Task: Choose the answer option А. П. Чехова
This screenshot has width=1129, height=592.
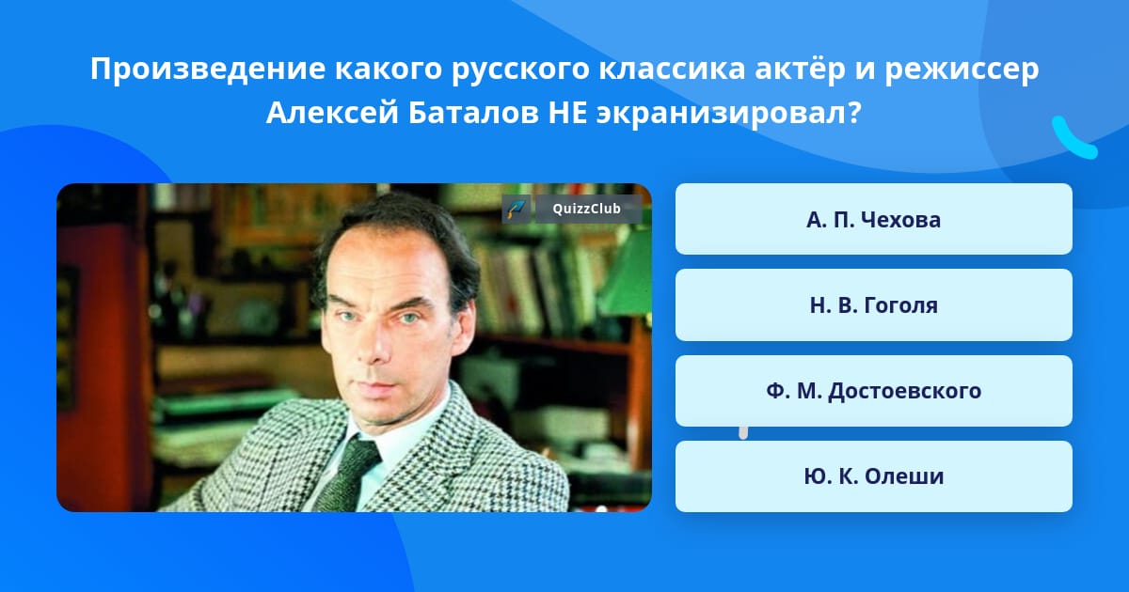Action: pos(873,219)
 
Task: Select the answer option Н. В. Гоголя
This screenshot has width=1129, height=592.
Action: pos(873,305)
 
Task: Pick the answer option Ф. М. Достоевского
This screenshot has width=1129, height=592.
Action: pos(873,391)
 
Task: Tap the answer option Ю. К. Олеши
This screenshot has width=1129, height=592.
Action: pos(873,476)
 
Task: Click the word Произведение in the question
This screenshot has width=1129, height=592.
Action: pos(208,69)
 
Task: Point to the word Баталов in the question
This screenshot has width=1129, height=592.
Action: pos(473,113)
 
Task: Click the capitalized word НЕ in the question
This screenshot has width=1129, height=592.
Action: pos(567,113)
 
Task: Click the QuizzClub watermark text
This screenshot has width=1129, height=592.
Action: pos(587,209)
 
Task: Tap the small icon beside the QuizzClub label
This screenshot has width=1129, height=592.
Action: pos(517,209)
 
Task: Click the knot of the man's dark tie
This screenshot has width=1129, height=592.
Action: pos(360,452)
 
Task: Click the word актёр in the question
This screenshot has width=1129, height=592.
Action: pos(800,69)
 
